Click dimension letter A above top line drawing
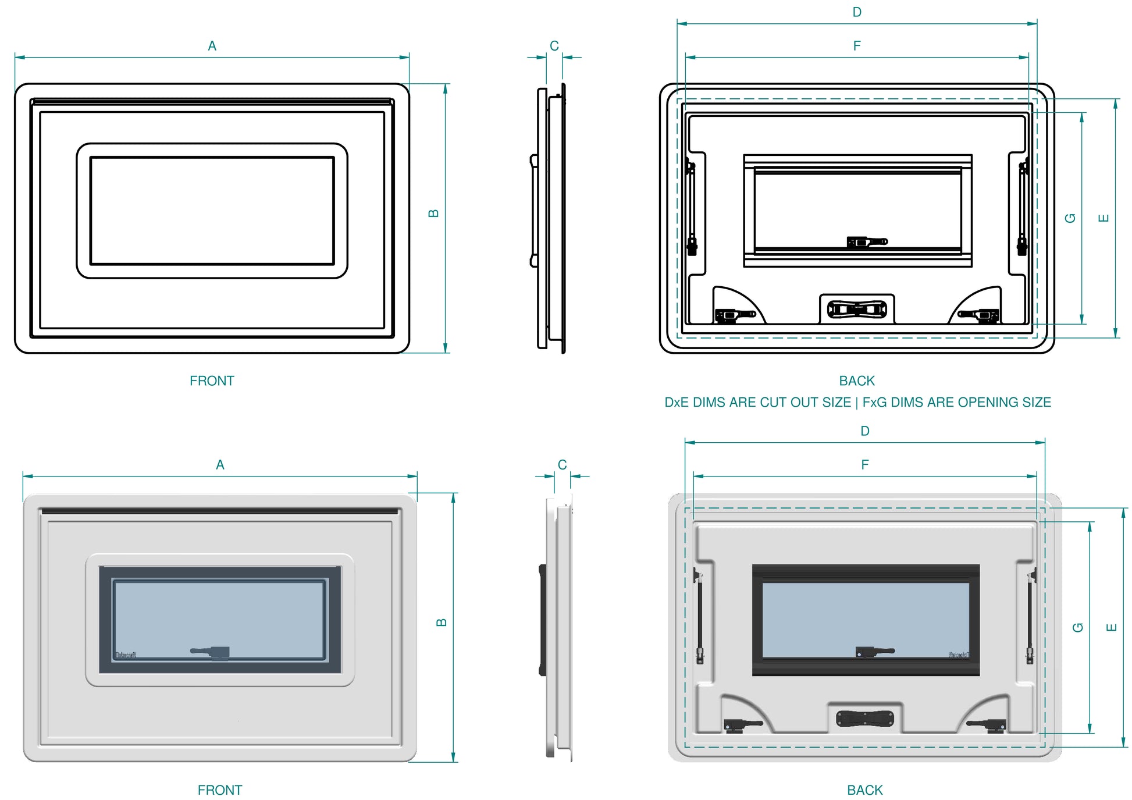(x=212, y=46)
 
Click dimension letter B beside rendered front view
(x=442, y=622)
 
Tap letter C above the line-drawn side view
(x=554, y=46)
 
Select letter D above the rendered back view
(x=864, y=431)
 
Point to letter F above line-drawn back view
(x=856, y=46)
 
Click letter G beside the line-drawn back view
(x=1070, y=218)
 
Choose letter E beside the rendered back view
(x=1111, y=627)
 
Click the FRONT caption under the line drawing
(x=212, y=381)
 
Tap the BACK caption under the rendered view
(x=864, y=790)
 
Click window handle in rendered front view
(x=212, y=652)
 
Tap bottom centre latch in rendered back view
(x=864, y=719)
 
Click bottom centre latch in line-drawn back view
(x=856, y=309)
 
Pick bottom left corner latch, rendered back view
(x=741, y=725)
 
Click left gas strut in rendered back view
(x=699, y=617)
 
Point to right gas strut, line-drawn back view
(x=1022, y=209)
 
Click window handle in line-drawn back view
(x=867, y=241)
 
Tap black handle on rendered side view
(x=542, y=620)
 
